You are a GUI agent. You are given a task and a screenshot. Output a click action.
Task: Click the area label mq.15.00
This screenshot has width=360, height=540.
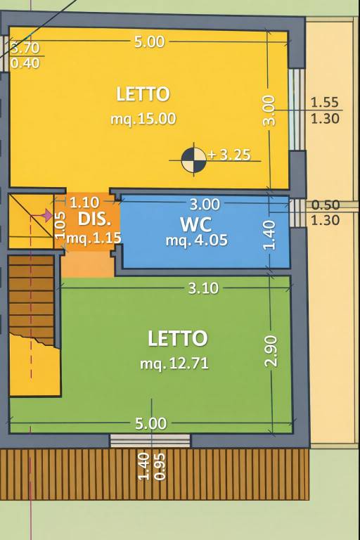pyautogui.click(x=143, y=119)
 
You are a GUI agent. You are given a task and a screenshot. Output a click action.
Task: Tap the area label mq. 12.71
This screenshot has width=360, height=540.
pyautogui.click(x=174, y=364)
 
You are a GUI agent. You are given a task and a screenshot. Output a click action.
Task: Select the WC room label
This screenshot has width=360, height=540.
pyautogui.click(x=195, y=224)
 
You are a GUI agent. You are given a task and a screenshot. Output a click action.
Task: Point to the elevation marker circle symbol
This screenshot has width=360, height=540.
pyautogui.click(x=193, y=160)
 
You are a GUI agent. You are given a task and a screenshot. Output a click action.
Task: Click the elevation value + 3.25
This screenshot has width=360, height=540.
pyautogui.click(x=229, y=155)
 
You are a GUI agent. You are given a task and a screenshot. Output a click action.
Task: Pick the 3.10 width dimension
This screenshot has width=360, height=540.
pyautogui.click(x=204, y=288)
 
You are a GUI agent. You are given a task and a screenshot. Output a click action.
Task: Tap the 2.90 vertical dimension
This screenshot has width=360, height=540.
pyautogui.click(x=271, y=351)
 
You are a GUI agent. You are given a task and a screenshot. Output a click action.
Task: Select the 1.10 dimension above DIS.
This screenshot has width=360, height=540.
pyautogui.click(x=84, y=202)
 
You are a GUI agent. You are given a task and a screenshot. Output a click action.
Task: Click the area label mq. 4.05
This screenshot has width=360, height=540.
pyautogui.click(x=197, y=240)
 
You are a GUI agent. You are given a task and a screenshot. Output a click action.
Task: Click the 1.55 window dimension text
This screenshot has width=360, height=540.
pyautogui.click(x=325, y=103)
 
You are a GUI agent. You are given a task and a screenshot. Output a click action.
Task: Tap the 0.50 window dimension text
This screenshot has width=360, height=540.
pyautogui.click(x=326, y=205)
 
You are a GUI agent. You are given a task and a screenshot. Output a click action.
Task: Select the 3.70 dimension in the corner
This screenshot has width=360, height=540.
pyautogui.click(x=25, y=49)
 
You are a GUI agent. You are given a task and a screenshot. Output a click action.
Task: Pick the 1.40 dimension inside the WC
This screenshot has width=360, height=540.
pyautogui.click(x=270, y=236)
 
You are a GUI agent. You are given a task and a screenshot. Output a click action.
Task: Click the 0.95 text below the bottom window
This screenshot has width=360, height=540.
pyautogui.click(x=160, y=467)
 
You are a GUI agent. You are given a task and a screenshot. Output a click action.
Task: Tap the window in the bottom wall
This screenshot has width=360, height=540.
pyautogui.click(x=150, y=440)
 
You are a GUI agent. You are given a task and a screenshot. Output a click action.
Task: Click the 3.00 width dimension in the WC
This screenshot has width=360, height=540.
pyautogui.click(x=205, y=205)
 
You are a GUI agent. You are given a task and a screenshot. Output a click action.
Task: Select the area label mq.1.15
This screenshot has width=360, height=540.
pyautogui.click(x=94, y=238)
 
